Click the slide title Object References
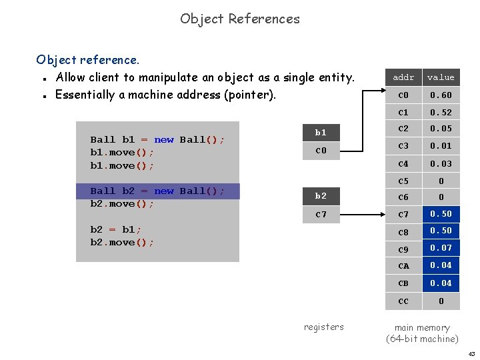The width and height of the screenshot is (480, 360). pos(240,19)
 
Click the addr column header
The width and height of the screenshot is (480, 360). pos(403,77)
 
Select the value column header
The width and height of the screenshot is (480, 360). pos(441,77)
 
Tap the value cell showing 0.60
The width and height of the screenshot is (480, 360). pos(441,95)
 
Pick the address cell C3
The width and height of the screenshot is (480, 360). pos(403,146)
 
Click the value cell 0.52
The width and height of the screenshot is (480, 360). pos(441,113)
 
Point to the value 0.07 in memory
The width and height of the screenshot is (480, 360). pos(441,248)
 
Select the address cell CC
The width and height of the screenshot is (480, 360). pos(403,301)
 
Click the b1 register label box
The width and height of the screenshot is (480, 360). pos(321,133)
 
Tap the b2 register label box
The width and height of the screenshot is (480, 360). pos(321,196)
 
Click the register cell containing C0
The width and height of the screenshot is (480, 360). pos(321,151)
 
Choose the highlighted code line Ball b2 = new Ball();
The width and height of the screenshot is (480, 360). pos(157,191)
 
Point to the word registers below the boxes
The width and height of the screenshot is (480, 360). pos(324,327)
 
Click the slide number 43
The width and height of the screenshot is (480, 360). pos(471,353)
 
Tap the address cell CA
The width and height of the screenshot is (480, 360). pos(403,266)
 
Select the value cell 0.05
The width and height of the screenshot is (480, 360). pos(441,129)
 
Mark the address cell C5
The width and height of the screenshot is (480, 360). pos(403,181)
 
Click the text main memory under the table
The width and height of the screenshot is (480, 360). pos(422,327)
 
